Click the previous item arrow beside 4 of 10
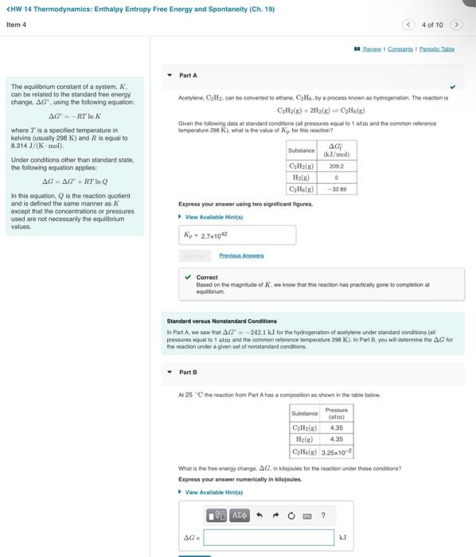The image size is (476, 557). point(408,25)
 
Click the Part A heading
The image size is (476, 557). point(188,75)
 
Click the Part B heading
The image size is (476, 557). point(188,372)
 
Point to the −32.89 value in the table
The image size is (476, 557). point(338,190)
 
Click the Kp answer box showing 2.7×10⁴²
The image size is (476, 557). point(237,236)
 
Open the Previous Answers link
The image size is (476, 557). point(241,255)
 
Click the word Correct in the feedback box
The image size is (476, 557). point(207,278)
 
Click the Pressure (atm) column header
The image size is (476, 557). point(336,414)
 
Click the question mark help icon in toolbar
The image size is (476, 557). point(322,516)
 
